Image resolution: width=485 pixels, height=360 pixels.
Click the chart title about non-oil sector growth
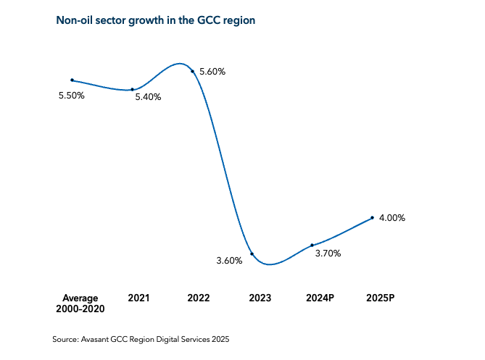(x=156, y=20)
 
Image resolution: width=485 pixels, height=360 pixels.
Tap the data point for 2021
(x=132, y=90)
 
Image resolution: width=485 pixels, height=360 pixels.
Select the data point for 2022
(x=192, y=71)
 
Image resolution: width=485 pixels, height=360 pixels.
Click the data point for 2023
(x=252, y=254)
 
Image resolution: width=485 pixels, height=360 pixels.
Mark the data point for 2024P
(x=312, y=245)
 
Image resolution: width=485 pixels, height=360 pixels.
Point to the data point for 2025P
(x=372, y=217)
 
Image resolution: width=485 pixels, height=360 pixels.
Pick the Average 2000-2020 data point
(x=72, y=80)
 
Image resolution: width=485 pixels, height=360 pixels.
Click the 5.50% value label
(x=72, y=95)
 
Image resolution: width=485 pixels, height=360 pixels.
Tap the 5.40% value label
(x=148, y=97)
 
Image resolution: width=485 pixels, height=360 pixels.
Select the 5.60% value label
(x=212, y=72)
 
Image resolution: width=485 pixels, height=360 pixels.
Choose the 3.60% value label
(x=229, y=261)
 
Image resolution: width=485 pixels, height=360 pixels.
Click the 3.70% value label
(x=328, y=254)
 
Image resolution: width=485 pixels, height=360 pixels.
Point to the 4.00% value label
(x=392, y=217)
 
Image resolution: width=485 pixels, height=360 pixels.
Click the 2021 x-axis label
(x=138, y=298)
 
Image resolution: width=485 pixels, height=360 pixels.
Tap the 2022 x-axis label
(x=198, y=298)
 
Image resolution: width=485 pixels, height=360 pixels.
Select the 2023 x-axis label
(x=260, y=298)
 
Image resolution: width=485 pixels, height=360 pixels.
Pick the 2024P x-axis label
(x=320, y=298)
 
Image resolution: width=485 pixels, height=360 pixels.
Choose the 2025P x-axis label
(x=380, y=298)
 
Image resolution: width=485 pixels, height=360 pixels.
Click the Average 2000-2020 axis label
(x=80, y=303)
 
